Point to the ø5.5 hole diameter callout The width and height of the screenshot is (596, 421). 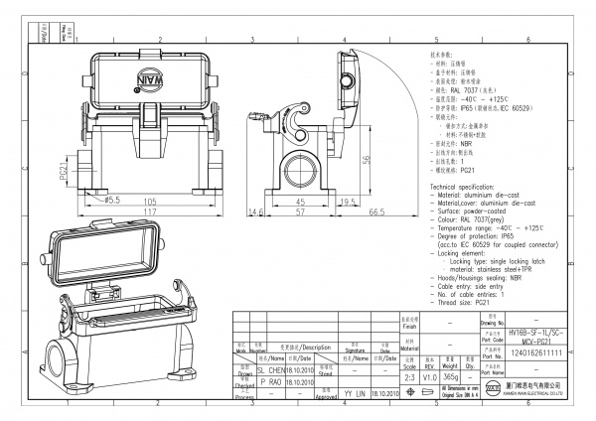pyautogui.click(x=103, y=200)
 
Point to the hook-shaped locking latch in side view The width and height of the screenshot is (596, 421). pyautogui.click(x=298, y=127)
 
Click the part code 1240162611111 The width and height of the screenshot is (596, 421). pyautogui.click(x=535, y=352)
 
